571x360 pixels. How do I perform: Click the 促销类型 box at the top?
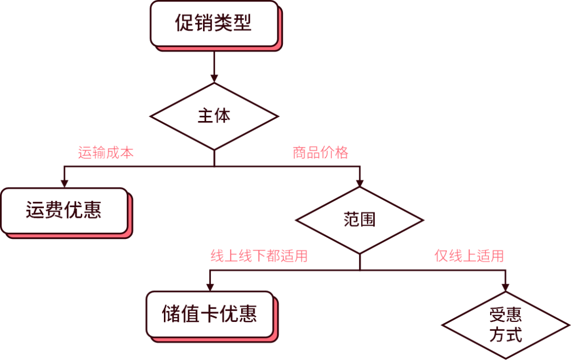pos(214,23)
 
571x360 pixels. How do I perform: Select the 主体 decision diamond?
pos(214,116)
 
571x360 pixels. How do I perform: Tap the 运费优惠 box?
pos(64,210)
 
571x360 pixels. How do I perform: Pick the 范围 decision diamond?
pos(360,220)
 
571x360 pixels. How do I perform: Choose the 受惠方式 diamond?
pos(506,325)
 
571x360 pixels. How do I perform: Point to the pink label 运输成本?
pos(106,153)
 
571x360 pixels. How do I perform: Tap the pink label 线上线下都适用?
pos(259,256)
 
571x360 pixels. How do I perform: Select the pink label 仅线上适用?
pos(469,256)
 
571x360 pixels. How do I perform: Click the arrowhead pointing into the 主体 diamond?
pos(214,78)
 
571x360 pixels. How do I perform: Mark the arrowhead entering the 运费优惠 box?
pos(64,183)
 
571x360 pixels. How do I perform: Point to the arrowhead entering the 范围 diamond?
pos(360,182)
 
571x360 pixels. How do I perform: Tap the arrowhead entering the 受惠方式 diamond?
pos(506,287)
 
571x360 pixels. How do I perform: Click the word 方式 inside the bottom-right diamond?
pos(506,335)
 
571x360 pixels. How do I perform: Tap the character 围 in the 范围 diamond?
pos(368,220)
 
